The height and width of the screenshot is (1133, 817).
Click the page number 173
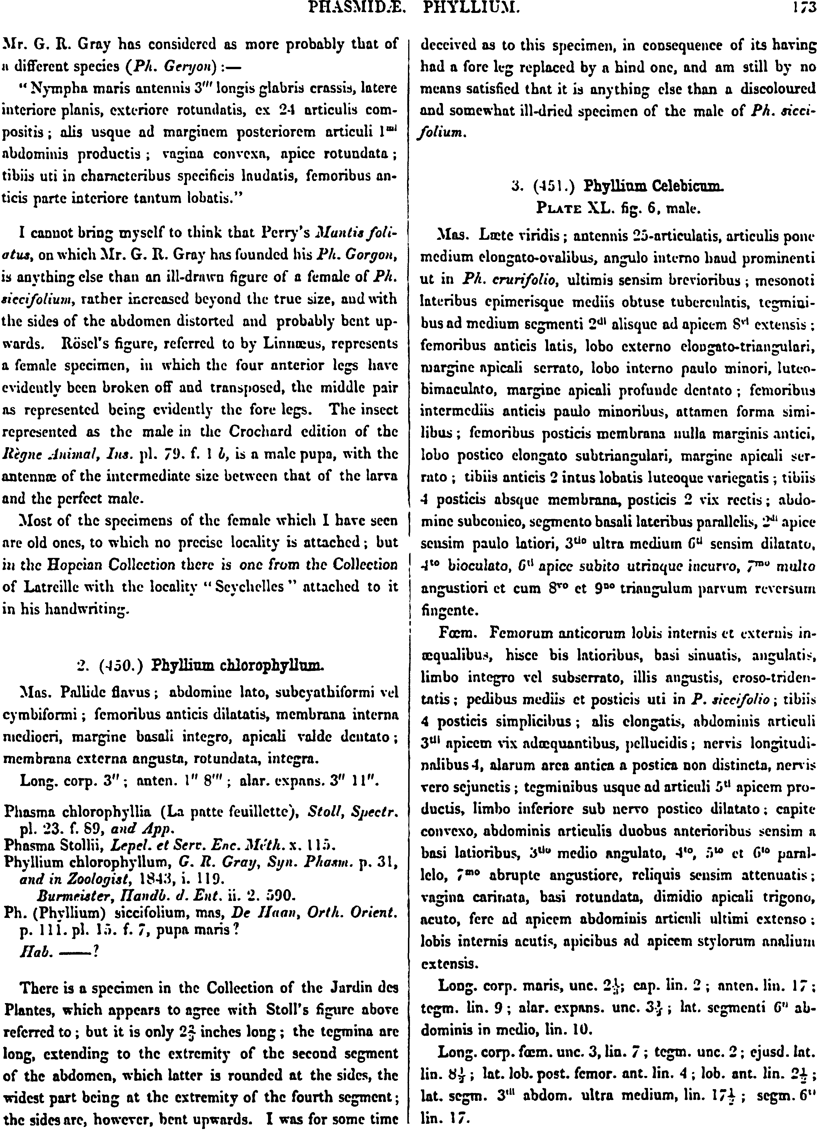(x=799, y=9)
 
